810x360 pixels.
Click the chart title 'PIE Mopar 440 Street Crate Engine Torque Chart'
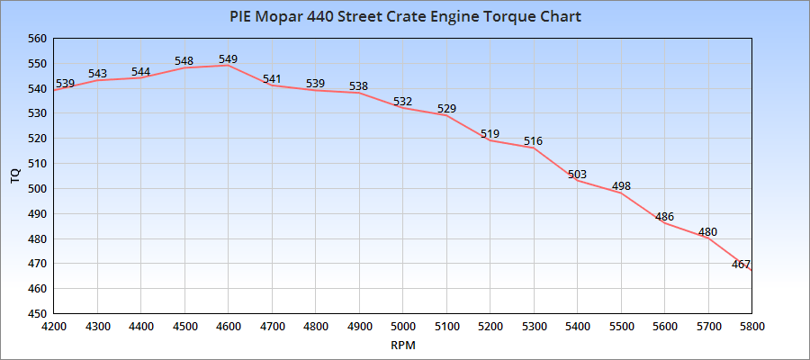404,17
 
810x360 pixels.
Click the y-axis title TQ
14,176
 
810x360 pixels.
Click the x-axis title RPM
402,345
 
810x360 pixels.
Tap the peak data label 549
229,59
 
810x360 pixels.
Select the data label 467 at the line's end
741,264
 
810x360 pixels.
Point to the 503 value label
577,175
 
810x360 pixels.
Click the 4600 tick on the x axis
228,326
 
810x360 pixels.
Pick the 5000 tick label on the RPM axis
402,326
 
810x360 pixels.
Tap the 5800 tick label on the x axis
751,326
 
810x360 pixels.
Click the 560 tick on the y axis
37,39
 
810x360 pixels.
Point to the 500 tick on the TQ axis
37,189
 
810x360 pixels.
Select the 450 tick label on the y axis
37,314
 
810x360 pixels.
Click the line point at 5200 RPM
490,140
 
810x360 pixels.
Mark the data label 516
534,141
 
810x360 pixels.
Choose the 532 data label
402,102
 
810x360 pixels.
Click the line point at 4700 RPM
272,85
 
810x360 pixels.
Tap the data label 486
664,217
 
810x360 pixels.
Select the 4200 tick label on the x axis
54,326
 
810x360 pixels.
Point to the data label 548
184,62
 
